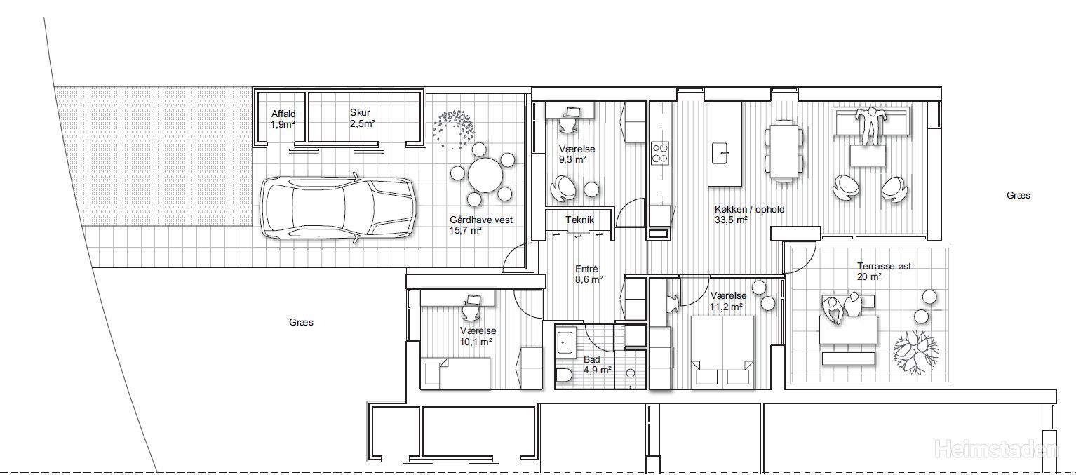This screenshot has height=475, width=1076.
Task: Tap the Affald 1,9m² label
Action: (x=283, y=119)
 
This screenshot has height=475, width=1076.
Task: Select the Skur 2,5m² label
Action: (x=362, y=118)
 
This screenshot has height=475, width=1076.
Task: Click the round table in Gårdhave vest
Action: (x=485, y=175)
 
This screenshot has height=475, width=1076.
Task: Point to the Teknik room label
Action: (x=579, y=220)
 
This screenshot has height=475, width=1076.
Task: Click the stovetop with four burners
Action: (x=659, y=153)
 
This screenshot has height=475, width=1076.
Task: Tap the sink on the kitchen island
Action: (x=721, y=153)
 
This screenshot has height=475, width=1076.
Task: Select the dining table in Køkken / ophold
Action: (x=784, y=151)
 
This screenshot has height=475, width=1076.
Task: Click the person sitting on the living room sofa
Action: (x=870, y=126)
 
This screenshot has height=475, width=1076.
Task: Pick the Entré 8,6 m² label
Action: (x=589, y=274)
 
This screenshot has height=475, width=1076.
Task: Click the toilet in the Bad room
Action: (x=564, y=375)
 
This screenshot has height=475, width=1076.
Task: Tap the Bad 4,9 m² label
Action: (x=597, y=365)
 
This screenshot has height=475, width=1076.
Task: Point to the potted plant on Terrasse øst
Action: (x=915, y=352)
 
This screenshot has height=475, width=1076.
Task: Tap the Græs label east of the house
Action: (x=1018, y=196)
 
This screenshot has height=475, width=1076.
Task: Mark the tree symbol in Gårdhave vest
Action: (x=453, y=129)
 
